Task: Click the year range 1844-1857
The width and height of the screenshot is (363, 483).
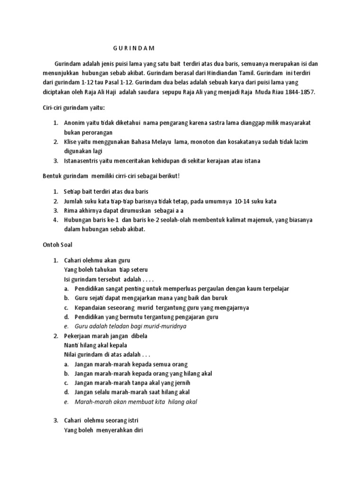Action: point(297,92)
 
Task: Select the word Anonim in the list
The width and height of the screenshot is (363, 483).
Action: point(75,123)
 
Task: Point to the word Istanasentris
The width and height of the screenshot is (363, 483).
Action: point(82,161)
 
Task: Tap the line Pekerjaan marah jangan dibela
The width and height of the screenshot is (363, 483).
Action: point(106,336)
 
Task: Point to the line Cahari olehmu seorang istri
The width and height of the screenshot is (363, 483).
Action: point(102,420)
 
